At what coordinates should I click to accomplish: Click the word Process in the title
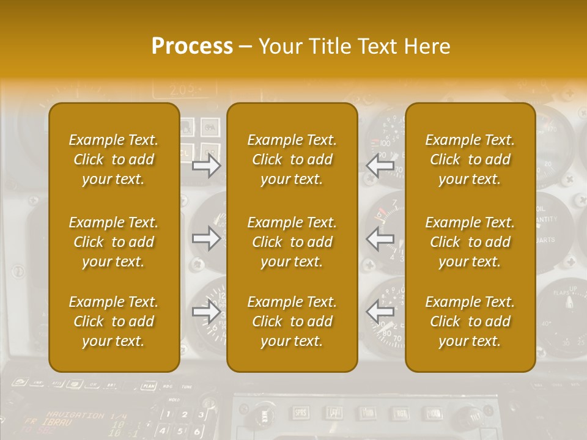[x=192, y=46]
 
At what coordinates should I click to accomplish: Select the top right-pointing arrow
[x=207, y=165]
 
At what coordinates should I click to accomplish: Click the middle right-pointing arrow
[x=207, y=238]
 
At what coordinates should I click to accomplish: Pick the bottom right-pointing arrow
[x=207, y=312]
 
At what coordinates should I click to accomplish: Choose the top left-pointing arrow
[x=380, y=165]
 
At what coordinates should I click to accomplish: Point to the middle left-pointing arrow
[x=380, y=238]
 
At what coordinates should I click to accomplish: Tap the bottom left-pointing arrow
[x=380, y=312]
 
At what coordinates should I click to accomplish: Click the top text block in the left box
[x=114, y=159]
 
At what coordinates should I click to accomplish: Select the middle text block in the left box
[x=114, y=242]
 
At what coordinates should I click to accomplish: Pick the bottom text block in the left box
[x=114, y=321]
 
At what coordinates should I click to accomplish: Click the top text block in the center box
[x=292, y=159]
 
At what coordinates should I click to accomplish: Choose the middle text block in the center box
[x=292, y=242]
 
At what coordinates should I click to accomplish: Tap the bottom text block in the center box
[x=292, y=321]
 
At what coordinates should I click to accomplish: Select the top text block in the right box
[x=470, y=159]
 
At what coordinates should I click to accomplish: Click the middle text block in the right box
[x=470, y=242]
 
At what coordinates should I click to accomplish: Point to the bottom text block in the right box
[x=470, y=321]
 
